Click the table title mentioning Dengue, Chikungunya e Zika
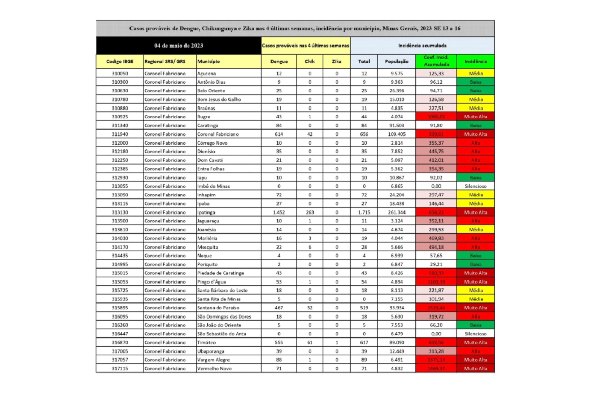click(295, 29)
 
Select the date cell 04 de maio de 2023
click(179, 46)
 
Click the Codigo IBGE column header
click(120, 61)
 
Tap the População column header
click(397, 61)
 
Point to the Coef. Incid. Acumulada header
click(436, 61)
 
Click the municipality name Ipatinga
click(206, 212)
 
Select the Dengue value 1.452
click(279, 212)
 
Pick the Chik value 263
click(310, 212)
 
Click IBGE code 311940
click(120, 134)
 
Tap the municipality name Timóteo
click(206, 342)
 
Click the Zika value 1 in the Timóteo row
click(337, 342)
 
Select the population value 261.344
click(397, 212)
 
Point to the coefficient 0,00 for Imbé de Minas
click(436, 186)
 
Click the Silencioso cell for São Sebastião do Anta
click(476, 334)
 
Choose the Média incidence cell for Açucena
click(476, 73)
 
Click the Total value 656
click(364, 134)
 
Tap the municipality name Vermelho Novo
click(215, 368)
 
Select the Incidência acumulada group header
click(422, 46)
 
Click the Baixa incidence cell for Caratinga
click(476, 126)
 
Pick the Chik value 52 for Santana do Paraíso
click(310, 308)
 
